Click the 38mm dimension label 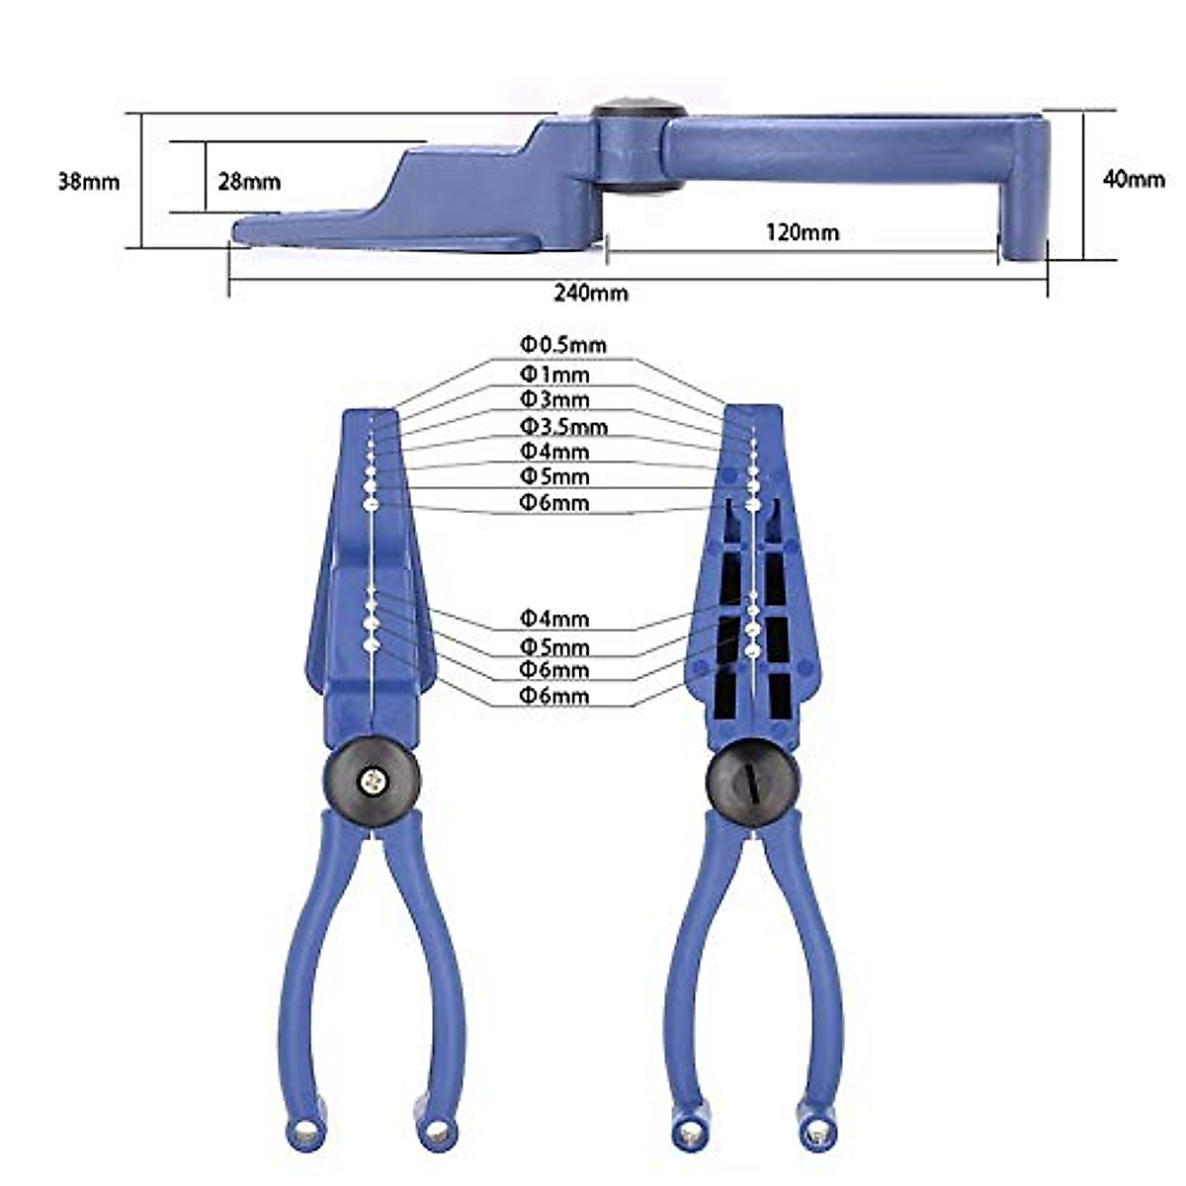89,182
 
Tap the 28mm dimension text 249,182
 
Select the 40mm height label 1133,179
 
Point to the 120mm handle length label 803,232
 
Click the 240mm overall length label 590,294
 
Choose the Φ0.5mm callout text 563,345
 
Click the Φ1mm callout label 554,375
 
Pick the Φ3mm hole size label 554,399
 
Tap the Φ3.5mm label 563,427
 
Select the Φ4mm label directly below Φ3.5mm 554,452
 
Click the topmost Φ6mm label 554,503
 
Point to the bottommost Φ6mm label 554,696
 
